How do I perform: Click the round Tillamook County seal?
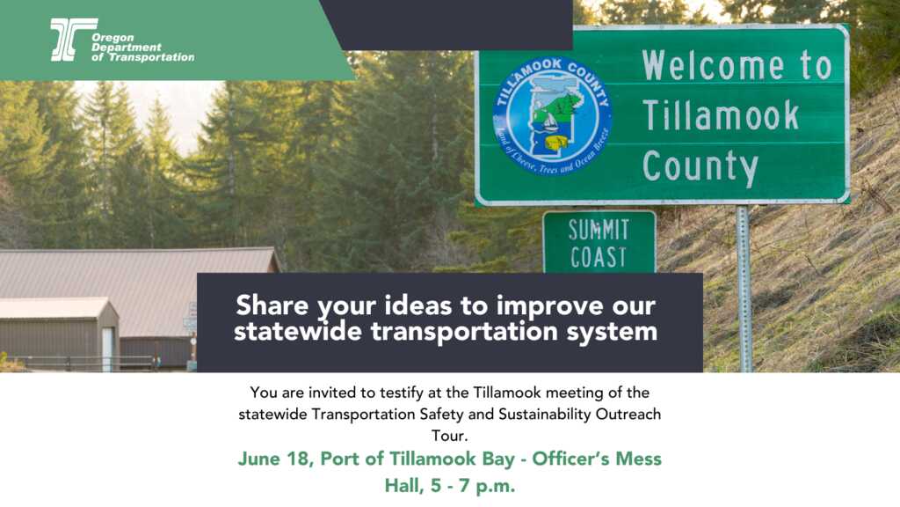pos(553,115)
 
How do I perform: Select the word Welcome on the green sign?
pos(715,66)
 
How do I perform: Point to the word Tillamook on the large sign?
pos(721,115)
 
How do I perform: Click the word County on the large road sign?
pos(700,165)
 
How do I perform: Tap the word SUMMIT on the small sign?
pos(599,230)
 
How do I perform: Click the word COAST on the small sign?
pos(599,257)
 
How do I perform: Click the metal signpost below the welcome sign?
pos(744,290)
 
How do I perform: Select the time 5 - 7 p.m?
pos(475,485)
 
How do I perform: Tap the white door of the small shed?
pos(107,348)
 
